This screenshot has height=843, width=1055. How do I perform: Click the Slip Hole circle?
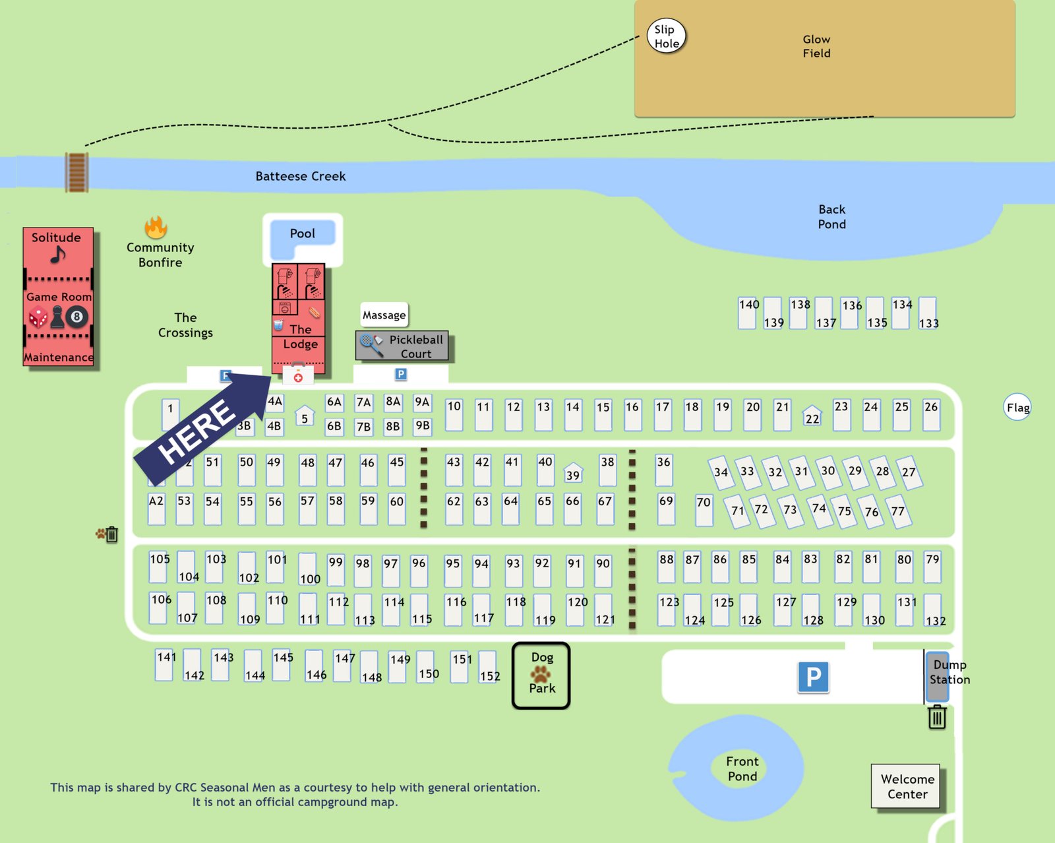tap(666, 36)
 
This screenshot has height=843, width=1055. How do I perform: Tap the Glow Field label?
tap(816, 46)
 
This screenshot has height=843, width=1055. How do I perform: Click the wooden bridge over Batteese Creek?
tap(76, 172)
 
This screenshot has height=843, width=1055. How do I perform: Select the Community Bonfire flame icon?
tap(156, 228)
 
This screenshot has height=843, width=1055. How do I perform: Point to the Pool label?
tap(302, 234)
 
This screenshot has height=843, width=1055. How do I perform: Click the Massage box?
tap(384, 315)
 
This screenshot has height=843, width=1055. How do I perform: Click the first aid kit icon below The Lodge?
tap(298, 375)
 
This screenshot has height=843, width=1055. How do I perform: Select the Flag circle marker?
tap(1017, 407)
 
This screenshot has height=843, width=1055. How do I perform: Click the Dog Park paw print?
tap(541, 673)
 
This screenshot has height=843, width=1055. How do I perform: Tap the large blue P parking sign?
tap(813, 677)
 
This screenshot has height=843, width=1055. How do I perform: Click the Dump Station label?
tap(949, 671)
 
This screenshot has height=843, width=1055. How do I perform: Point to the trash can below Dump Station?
tap(937, 716)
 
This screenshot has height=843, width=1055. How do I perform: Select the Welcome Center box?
tap(907, 786)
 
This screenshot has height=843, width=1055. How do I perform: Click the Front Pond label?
tap(742, 768)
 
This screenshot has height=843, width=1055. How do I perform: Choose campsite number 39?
tap(573, 473)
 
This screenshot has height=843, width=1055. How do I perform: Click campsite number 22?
tap(812, 416)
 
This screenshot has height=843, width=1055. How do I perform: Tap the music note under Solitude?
tap(58, 254)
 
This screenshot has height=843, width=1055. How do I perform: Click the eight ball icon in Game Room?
tap(76, 317)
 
